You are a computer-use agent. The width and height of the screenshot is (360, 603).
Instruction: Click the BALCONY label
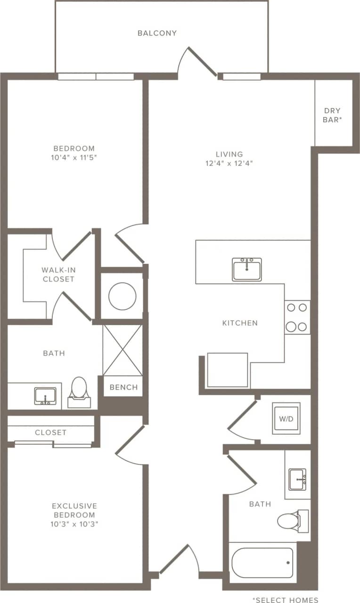tap(157, 33)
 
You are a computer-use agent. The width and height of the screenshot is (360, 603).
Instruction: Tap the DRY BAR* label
tap(332, 115)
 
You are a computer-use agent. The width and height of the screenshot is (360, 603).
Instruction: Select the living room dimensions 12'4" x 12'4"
tap(229, 163)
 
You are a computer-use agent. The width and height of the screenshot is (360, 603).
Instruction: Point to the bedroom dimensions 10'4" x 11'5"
tap(74, 157)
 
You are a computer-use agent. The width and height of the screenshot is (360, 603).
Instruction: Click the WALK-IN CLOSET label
tap(58, 275)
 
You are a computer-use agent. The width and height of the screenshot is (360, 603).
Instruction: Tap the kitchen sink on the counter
tap(246, 269)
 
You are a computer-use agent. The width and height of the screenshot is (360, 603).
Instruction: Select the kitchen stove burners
tap(297, 317)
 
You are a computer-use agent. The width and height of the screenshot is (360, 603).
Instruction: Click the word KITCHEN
tap(240, 323)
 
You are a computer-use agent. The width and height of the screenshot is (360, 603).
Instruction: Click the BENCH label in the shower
tap(123, 387)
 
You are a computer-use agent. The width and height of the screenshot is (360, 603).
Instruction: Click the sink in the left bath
tap(45, 396)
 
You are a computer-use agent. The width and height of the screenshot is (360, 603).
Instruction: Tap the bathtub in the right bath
tap(262, 562)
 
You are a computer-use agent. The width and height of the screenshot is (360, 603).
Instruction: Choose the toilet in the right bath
tap(290, 520)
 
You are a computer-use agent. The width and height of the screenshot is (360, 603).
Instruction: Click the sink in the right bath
tap(297, 479)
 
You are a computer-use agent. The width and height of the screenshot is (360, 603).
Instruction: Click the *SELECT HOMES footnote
tap(285, 600)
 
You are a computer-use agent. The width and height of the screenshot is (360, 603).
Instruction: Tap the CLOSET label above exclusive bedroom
tap(50, 432)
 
